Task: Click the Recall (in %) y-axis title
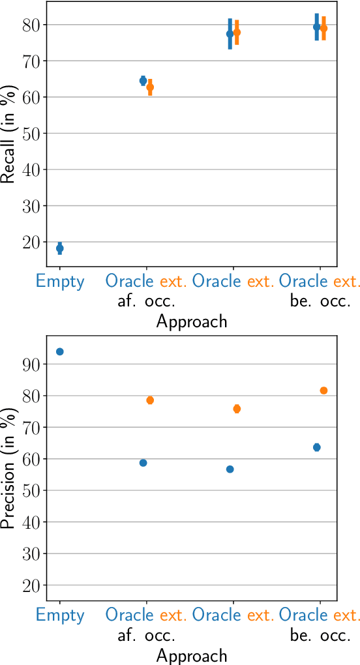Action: [8, 135]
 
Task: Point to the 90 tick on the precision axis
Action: [30, 364]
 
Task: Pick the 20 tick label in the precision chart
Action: [30, 585]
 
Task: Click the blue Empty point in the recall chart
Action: [60, 248]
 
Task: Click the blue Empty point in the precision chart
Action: [60, 351]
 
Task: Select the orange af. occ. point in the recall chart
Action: [150, 87]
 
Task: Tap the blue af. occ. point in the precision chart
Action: [143, 463]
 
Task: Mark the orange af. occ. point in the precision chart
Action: [150, 400]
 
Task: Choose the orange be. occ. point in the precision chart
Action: [323, 391]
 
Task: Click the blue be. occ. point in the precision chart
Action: [317, 447]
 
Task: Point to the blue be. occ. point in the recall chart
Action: [317, 27]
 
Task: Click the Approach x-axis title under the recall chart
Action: [192, 321]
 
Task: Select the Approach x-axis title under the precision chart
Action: [192, 655]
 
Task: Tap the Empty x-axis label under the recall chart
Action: [60, 282]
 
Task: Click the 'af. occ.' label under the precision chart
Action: [146, 635]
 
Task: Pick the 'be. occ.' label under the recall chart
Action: [320, 302]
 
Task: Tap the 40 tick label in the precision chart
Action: [30, 522]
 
